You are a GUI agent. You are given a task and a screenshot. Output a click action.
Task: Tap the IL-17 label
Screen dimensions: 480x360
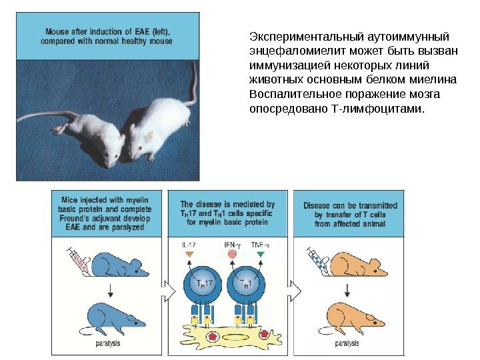(189, 245)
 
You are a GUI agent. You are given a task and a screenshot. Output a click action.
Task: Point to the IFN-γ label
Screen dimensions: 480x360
(232, 245)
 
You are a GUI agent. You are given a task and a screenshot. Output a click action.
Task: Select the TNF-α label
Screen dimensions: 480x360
(260, 245)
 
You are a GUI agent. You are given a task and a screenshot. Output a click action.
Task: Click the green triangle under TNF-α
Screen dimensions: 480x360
(261, 254)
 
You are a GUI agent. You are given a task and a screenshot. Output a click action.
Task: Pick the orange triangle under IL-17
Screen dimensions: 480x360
(189, 254)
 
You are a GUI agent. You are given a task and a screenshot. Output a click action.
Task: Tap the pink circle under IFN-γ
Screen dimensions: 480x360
(232, 254)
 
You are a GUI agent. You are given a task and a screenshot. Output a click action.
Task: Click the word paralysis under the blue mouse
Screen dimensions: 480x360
(108, 343)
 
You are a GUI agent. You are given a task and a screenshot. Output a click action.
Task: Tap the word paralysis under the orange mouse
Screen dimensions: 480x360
(347, 343)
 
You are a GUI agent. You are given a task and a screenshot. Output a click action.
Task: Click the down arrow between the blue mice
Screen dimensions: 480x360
(111, 291)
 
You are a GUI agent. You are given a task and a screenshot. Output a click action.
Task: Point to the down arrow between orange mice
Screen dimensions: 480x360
(347, 291)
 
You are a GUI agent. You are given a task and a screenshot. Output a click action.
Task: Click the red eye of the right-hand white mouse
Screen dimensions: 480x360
(140, 148)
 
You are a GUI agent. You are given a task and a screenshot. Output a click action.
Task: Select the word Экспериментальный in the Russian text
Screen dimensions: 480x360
(306, 37)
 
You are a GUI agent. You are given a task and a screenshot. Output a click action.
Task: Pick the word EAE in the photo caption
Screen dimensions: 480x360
(142, 31)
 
